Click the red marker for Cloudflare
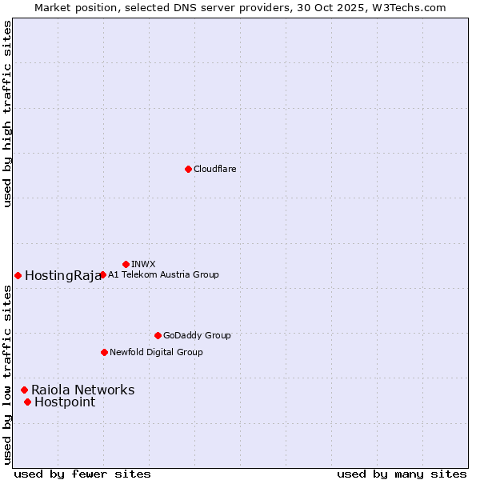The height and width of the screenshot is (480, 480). [188, 169]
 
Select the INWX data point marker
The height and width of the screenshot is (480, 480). [126, 264]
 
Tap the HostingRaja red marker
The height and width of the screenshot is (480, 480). [18, 275]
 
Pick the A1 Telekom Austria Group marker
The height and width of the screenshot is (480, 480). [102, 274]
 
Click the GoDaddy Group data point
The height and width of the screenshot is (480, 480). [158, 335]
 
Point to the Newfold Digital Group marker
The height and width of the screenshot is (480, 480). [104, 352]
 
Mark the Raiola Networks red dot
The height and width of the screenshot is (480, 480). [24, 390]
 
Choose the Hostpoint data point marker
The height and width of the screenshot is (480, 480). [27, 402]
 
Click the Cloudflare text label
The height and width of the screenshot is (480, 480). [214, 169]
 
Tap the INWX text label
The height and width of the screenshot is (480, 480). [143, 264]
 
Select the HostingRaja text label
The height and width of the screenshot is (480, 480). [63, 276]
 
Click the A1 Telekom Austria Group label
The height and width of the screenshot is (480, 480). [163, 274]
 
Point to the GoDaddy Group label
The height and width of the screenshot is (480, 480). [197, 335]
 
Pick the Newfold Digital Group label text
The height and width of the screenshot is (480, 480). [156, 352]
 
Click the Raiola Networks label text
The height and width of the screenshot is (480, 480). [82, 390]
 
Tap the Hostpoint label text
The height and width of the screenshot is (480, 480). [65, 402]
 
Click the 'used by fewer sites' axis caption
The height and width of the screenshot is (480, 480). [82, 474]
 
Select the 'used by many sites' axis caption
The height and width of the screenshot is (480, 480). [402, 474]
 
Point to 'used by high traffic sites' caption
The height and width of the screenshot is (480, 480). [7, 114]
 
